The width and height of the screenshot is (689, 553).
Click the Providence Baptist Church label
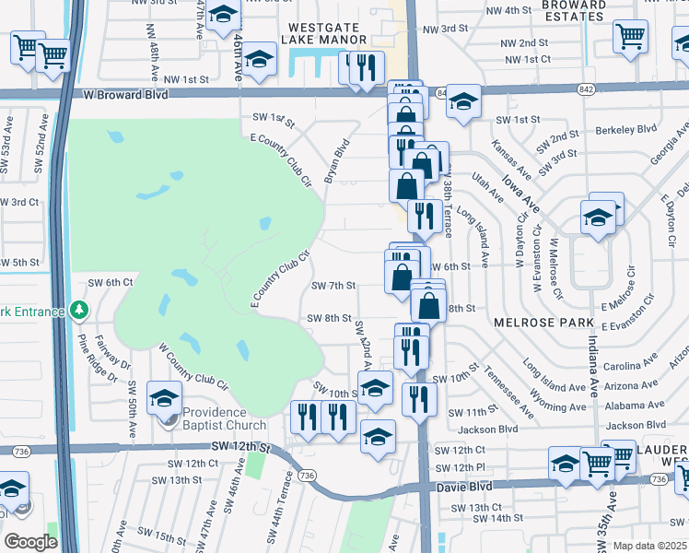click(224, 418)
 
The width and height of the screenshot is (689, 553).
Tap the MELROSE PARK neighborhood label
click(539, 322)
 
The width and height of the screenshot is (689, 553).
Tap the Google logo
click(30, 542)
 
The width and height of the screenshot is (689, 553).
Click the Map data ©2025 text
click(650, 546)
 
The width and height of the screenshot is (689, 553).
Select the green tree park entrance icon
click(80, 310)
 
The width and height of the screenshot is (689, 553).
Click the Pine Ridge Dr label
click(99, 359)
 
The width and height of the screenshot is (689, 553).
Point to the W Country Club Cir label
click(193, 366)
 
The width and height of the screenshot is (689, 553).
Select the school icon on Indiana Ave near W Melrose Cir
click(598, 218)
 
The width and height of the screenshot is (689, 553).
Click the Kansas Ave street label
click(512, 159)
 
